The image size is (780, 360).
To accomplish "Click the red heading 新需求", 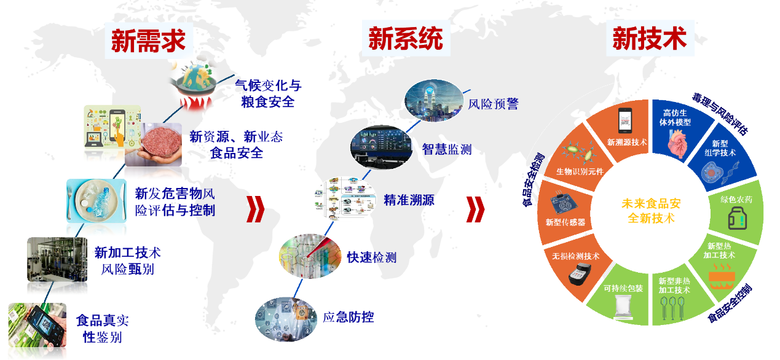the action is pos(148,41).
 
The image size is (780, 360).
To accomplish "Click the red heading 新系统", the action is pos(406,38).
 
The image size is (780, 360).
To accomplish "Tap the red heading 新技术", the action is pos(650,38).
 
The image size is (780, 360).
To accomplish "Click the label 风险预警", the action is pos(494,104).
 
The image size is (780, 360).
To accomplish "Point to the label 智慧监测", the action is pos(447,149).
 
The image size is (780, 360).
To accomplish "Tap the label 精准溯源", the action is pos(409,200).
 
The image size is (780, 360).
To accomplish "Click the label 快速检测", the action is pos(372,257).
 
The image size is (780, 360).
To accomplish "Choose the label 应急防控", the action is pos(349,317).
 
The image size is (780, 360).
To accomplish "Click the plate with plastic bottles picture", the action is pos(97,201).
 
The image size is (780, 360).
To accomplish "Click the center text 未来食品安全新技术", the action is pos(651,211).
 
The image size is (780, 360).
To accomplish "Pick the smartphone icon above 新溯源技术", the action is pos(625,120).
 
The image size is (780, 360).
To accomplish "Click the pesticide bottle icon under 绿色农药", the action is pos(738,218).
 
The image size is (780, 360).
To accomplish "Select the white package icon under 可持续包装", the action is pos(623,307).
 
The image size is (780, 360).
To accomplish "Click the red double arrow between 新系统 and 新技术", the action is pos(475,209).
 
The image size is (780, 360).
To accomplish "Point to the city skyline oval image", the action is pos(434,100).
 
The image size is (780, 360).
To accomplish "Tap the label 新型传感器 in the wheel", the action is pos(565,222).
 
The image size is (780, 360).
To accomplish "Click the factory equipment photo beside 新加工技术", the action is pos(57,259).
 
